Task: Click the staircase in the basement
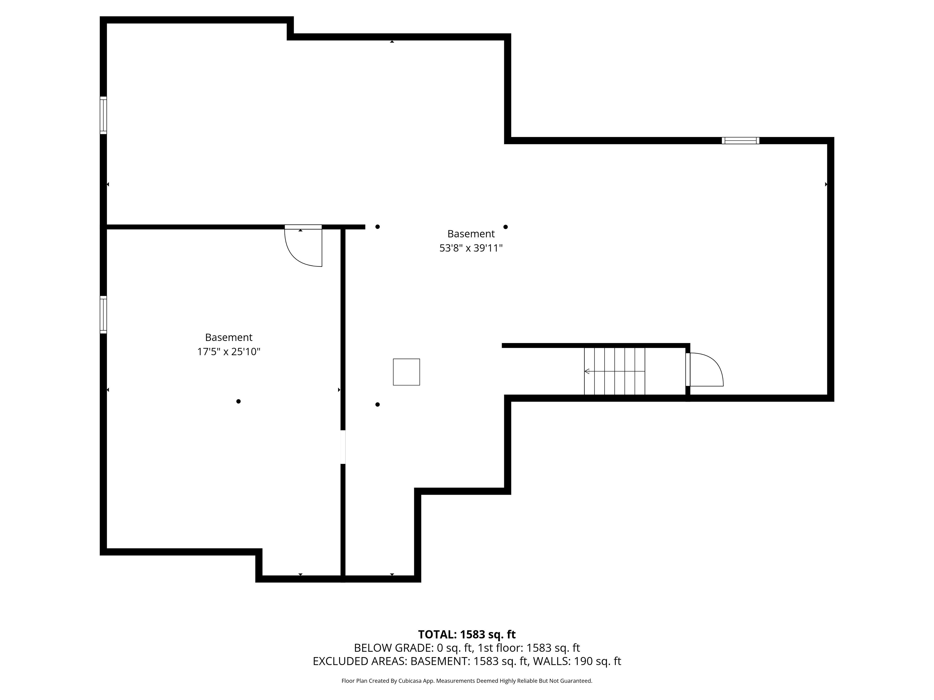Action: [x=614, y=371]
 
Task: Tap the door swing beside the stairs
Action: [x=704, y=369]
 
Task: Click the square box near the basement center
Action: [x=406, y=372]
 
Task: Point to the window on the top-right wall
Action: [x=740, y=140]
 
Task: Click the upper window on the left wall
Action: [x=103, y=115]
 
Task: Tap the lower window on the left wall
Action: [x=103, y=315]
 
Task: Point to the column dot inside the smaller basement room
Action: [x=239, y=401]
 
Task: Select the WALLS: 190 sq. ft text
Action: [x=577, y=661]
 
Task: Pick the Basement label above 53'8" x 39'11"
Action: [x=471, y=233]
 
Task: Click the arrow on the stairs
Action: [x=614, y=371]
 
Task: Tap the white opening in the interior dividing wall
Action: [x=343, y=447]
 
